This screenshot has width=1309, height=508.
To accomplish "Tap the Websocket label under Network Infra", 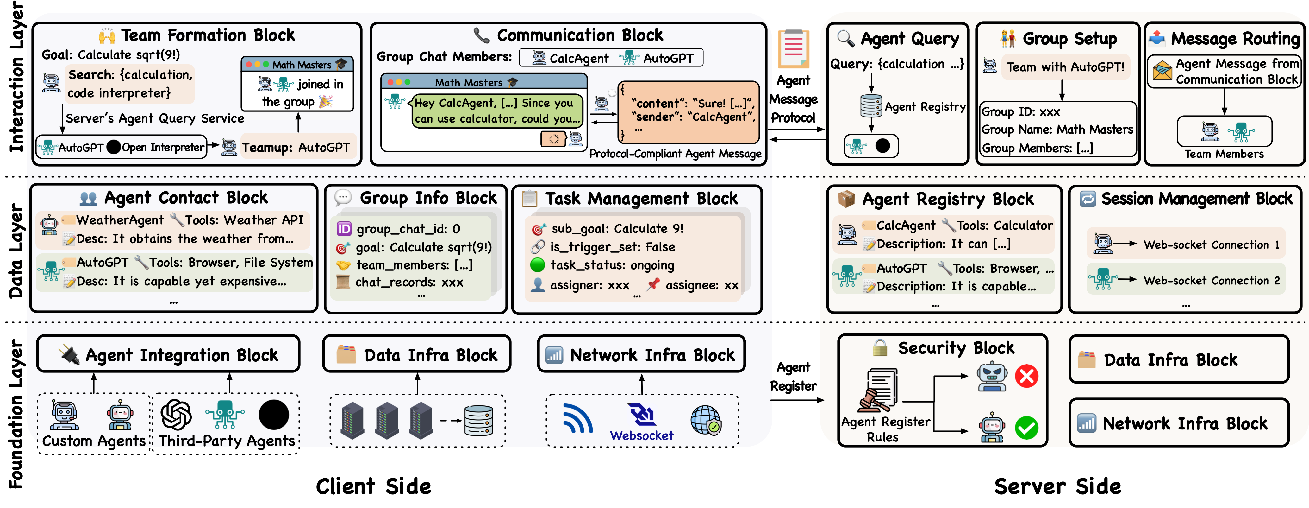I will pyautogui.click(x=641, y=436).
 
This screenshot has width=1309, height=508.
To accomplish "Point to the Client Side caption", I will pyautogui.click(x=373, y=487).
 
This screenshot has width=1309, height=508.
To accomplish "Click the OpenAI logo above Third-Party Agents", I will pyautogui.click(x=176, y=415).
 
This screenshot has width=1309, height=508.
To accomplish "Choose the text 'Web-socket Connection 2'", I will pyautogui.click(x=1212, y=281).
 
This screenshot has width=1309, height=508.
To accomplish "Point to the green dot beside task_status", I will pyautogui.click(x=537, y=265).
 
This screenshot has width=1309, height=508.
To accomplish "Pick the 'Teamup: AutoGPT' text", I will pyautogui.click(x=296, y=148).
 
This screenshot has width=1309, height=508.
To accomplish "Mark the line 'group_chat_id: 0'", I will pyautogui.click(x=408, y=229).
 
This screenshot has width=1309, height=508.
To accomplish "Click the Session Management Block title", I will pyautogui.click(x=1196, y=199).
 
